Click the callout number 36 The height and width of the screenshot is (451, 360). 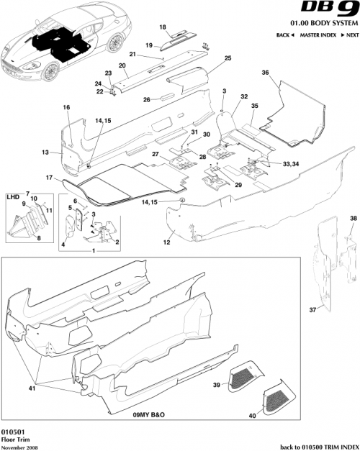point(265,73)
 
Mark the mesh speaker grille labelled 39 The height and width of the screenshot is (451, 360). point(245,378)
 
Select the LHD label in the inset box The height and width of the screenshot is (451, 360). point(12,196)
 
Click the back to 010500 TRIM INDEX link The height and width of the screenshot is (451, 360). point(315,447)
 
